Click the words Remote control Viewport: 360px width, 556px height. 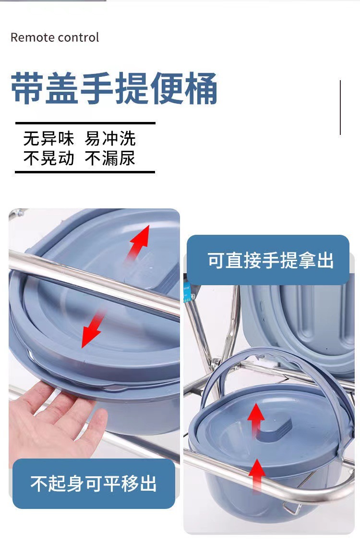(x=55, y=37)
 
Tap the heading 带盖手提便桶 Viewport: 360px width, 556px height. (x=114, y=89)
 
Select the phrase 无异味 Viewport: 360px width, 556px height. (x=48, y=139)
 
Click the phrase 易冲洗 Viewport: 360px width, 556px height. (x=110, y=139)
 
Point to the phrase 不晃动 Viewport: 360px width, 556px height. (x=48, y=158)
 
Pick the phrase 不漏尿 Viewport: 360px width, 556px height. (x=110, y=158)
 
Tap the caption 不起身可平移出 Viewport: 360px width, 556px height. (x=94, y=483)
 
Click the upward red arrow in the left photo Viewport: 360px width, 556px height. (x=139, y=243)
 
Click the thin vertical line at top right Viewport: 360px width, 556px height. (x=340, y=107)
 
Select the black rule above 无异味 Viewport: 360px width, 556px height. (x=85, y=123)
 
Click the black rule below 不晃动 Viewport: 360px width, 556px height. (x=85, y=172)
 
